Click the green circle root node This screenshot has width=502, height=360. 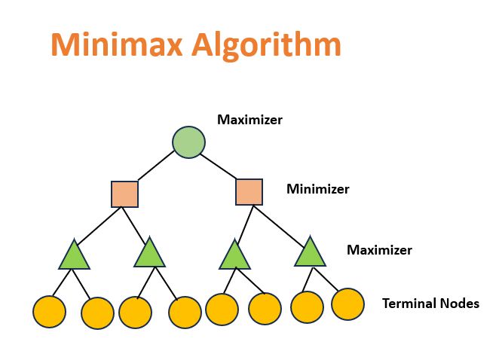click(188, 142)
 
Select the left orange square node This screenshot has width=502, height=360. click(124, 194)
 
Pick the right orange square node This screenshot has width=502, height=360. click(249, 191)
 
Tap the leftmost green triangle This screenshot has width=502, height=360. click(74, 256)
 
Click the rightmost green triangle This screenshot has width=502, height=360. click(310, 253)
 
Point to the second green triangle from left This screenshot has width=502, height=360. click(149, 254)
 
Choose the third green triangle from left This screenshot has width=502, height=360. click(234, 256)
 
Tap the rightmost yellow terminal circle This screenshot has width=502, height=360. click(348, 304)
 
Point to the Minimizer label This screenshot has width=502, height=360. click(317, 189)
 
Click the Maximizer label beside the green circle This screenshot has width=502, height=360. click(249, 119)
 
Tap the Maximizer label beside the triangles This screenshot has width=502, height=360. click(379, 250)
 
